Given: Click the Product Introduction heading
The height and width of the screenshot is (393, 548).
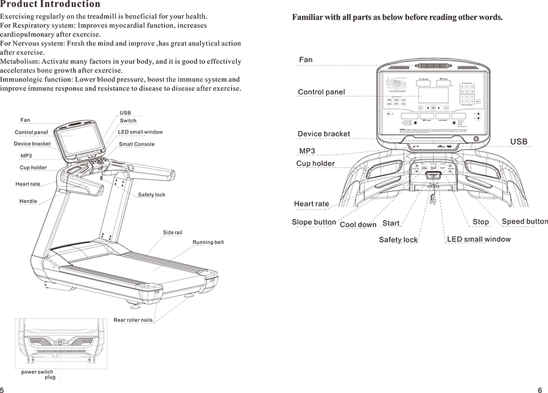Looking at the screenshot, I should pyautogui.click(x=51, y=5).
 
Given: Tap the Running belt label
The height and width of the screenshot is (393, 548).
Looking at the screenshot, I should pyautogui.click(x=208, y=243).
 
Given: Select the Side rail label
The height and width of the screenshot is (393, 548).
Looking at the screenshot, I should pyautogui.click(x=172, y=233).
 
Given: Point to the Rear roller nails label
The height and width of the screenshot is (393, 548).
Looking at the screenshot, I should pyautogui.click(x=133, y=320).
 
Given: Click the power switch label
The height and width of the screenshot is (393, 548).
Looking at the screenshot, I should pyautogui.click(x=37, y=372).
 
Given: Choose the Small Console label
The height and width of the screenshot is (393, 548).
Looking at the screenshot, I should pyautogui.click(x=136, y=144).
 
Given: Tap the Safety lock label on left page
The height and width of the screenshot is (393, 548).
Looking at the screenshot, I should pyautogui.click(x=151, y=195).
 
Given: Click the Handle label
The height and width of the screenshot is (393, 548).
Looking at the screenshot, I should pyautogui.click(x=28, y=201).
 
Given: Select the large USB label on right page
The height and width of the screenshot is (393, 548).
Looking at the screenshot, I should pyautogui.click(x=519, y=142).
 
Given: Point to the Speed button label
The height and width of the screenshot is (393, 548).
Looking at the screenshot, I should pyautogui.click(x=525, y=221).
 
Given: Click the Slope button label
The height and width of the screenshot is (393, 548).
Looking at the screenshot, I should pyautogui.click(x=314, y=222).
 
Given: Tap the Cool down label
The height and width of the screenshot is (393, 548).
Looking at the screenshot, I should pyautogui.click(x=358, y=225).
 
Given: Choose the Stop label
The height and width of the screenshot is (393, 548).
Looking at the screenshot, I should pyautogui.click(x=480, y=222).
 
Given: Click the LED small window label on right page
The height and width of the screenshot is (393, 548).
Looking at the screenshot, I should pyautogui.click(x=479, y=239).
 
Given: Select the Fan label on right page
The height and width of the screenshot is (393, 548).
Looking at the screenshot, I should pyautogui.click(x=306, y=60).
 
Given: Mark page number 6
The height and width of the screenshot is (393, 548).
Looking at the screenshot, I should pyautogui.click(x=540, y=389).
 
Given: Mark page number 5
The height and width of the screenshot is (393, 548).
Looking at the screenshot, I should pyautogui.click(x=2, y=389).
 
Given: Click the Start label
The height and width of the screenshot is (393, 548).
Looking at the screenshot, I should pyautogui.click(x=391, y=223).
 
